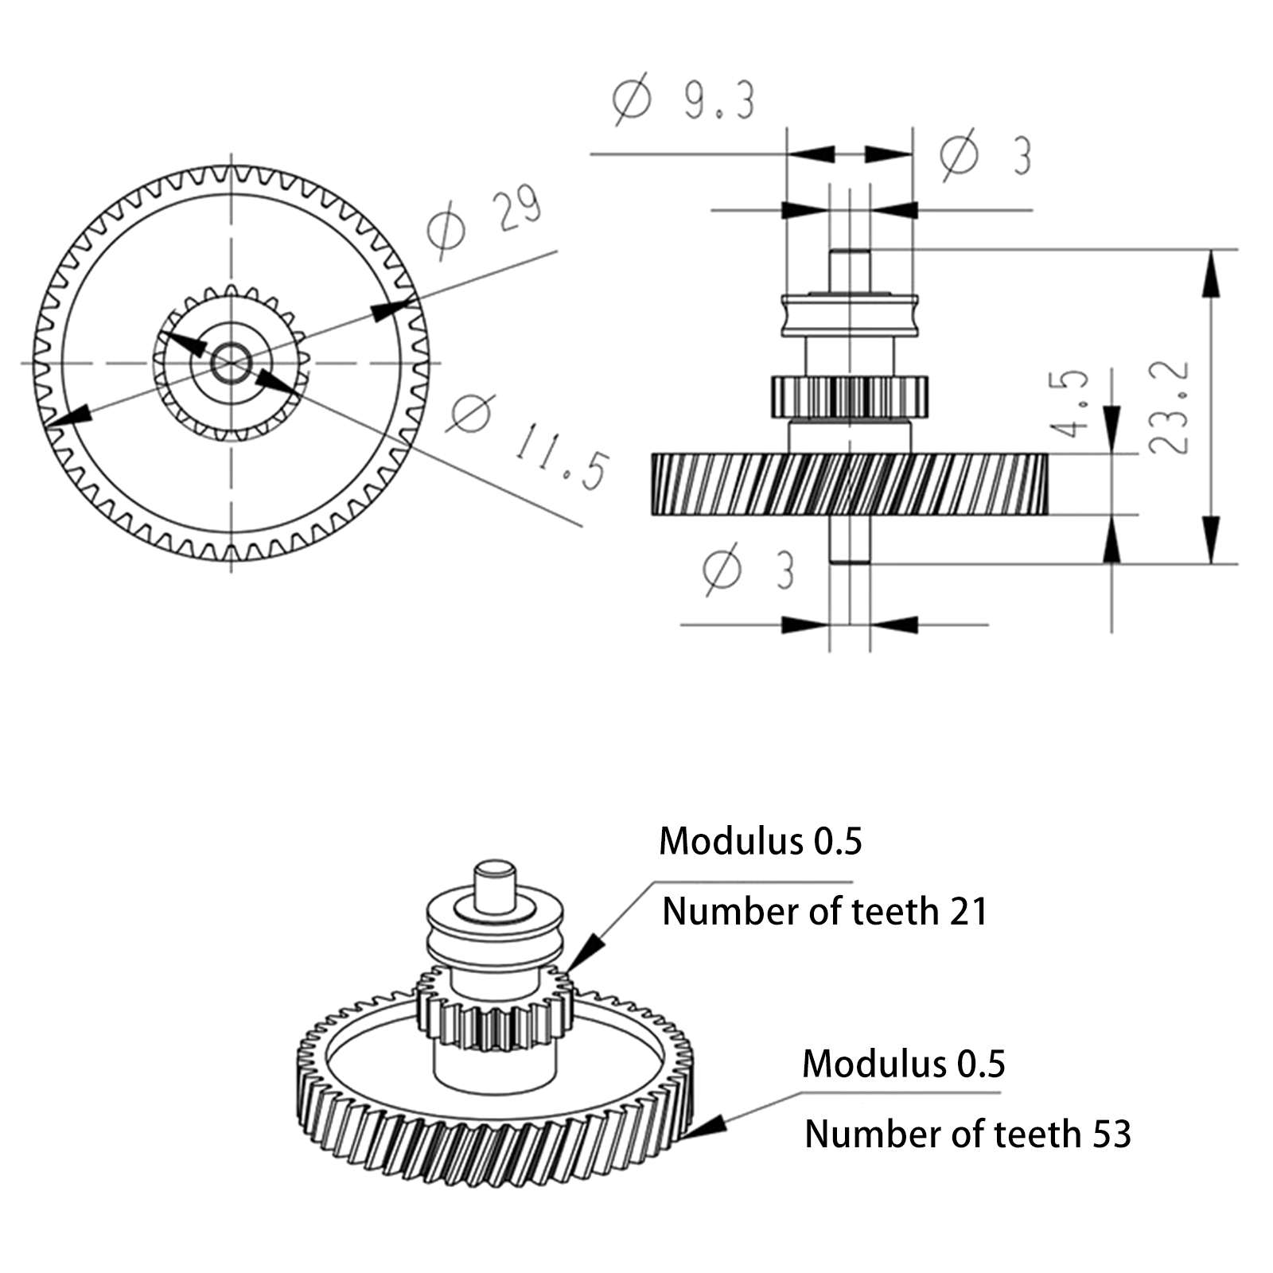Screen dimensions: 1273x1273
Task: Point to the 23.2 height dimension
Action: [1170, 407]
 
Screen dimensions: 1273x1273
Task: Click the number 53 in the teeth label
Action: [1111, 1134]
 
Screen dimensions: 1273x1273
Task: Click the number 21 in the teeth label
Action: [968, 911]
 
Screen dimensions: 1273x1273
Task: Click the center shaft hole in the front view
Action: [232, 363]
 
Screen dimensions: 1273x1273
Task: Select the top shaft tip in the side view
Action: [850, 271]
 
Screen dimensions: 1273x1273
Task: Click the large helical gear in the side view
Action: [850, 484]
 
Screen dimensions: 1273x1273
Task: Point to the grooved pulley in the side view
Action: [850, 315]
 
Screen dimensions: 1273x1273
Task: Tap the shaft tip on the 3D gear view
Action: [495, 885]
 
